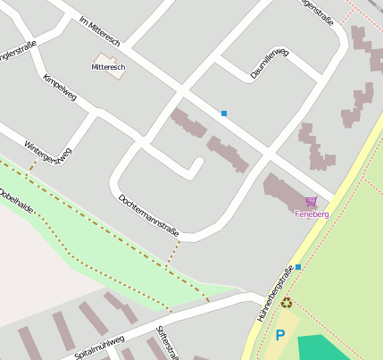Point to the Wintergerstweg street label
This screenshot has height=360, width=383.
coord(47,153)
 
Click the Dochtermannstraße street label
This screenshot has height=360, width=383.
coord(148,215)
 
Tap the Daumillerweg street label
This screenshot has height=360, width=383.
coord(270,63)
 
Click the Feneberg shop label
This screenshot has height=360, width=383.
coord(312,214)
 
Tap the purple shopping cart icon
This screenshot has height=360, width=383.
coord(311,202)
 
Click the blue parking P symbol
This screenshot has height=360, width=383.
coord(279,336)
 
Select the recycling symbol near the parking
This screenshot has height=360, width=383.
coord(287,303)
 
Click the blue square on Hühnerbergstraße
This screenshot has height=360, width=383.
coord(298,266)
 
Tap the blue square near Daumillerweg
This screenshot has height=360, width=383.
coord(223,113)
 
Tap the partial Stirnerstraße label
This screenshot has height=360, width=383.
coord(164,343)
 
